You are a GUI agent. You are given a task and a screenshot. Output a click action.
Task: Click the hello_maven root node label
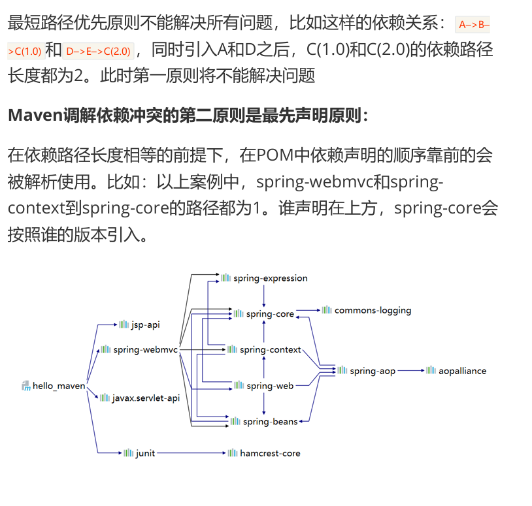coord(59,386)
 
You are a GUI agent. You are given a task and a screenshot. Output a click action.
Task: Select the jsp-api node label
coord(145,324)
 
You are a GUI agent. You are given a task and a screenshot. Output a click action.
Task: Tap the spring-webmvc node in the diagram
coord(145,350)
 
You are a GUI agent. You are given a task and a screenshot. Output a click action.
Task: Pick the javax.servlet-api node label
coord(145,398)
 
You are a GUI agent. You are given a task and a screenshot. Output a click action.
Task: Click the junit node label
coord(145,453)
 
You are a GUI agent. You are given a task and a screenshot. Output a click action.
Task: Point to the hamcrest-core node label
coord(270,453)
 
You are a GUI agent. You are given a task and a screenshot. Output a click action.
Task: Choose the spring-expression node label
coord(270,278)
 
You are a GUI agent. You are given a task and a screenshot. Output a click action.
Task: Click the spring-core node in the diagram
coord(270,314)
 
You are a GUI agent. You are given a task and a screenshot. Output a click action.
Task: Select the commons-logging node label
coord(373,310)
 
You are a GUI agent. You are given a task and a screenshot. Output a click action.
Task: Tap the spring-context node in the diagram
coord(270,350)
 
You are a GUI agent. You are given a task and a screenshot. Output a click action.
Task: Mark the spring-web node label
coord(270,386)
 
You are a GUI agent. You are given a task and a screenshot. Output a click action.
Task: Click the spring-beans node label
coord(270,422)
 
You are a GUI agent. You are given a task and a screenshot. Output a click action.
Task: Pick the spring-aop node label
coord(373,371)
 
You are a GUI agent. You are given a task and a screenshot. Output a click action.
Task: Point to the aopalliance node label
coord(462,371)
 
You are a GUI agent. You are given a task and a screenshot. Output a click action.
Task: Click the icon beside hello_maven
coord(26,386)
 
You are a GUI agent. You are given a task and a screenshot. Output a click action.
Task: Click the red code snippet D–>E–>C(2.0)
coord(99,51)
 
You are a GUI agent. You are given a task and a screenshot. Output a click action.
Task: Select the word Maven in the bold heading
coord(35,116)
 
